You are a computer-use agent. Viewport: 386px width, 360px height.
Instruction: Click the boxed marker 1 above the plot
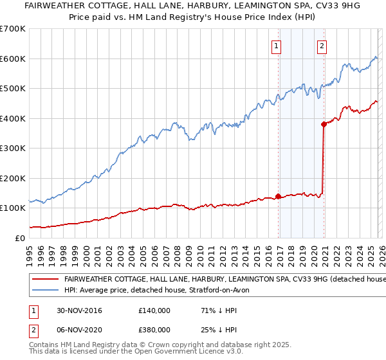[276, 46]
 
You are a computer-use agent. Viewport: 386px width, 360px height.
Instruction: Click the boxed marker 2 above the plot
[321, 46]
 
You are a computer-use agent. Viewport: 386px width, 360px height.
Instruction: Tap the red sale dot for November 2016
[278, 196]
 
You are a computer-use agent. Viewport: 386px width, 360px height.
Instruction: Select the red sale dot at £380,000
[324, 125]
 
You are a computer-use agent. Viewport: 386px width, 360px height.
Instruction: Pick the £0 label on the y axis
[19, 238]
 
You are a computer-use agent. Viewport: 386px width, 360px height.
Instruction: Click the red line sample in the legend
[46, 280]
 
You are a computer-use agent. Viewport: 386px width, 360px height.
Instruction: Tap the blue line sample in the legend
[46, 291]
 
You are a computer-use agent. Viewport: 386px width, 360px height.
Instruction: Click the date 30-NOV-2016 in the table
[77, 310]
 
